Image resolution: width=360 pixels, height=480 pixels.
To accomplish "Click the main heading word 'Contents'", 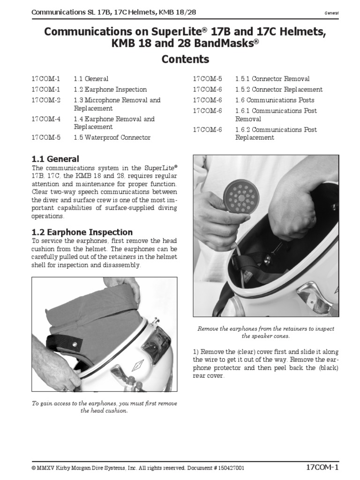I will point(185,60).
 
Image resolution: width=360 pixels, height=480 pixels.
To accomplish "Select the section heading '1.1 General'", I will point(55,159).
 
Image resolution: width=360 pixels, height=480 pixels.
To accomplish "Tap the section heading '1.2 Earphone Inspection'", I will point(82,232).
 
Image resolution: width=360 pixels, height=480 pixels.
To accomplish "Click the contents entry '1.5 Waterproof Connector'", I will point(112,137).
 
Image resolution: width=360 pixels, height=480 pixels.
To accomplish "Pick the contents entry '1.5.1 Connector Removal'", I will point(272,79).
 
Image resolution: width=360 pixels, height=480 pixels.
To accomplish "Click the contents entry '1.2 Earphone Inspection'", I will point(110,89).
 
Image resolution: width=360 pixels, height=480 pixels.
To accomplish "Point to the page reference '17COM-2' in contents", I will point(46,100).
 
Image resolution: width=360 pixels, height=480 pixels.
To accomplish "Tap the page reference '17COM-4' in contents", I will point(46,119).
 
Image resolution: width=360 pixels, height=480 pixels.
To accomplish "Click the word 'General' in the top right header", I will point(331,13).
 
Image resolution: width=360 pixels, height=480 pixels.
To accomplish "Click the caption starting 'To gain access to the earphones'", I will point(104,407).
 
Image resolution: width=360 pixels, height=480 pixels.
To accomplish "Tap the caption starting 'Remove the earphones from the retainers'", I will point(266,332).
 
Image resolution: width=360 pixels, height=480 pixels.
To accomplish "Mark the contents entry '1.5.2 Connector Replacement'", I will point(279,89).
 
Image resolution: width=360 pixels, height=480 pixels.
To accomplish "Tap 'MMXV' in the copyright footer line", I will point(46,468).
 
